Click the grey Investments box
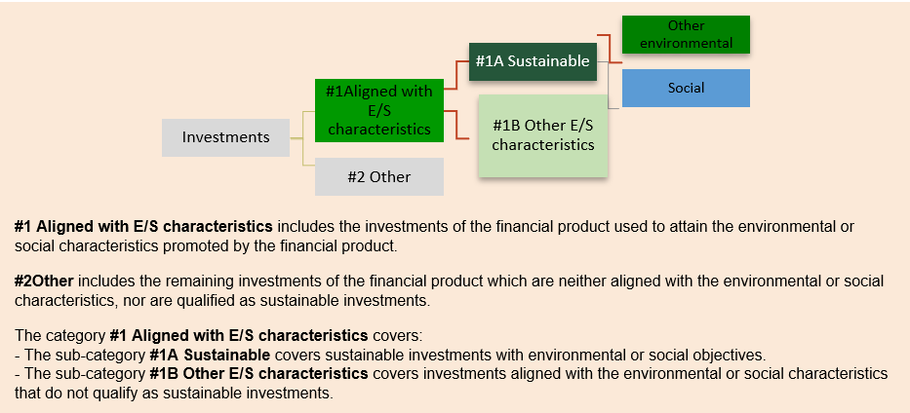[x=225, y=137]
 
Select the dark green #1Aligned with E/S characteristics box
[x=379, y=109]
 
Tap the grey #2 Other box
[x=378, y=177]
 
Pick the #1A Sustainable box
[x=533, y=61]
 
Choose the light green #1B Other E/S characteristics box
[x=542, y=135]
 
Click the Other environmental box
[x=686, y=34]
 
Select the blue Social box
[x=686, y=88]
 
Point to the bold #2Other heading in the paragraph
[x=44, y=282]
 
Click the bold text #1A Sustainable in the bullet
[x=209, y=355]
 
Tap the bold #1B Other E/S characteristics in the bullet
[x=258, y=374]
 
